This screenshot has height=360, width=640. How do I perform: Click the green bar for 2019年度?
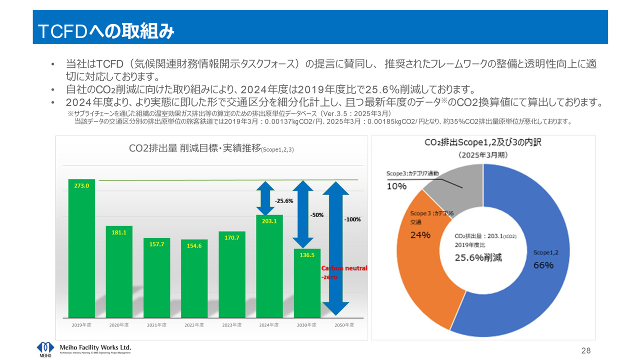tap(81, 250)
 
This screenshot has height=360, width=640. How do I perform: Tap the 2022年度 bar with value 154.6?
tap(194, 280)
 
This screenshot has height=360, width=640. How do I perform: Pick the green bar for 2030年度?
tap(306, 285)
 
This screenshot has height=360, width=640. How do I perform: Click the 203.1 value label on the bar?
tap(269, 220)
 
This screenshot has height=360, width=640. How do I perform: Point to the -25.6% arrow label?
tap(283, 200)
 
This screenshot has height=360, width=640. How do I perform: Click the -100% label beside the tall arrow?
tap(352, 219)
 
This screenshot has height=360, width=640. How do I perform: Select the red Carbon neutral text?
tap(343, 268)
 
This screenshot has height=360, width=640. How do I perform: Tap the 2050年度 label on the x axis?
tap(344, 325)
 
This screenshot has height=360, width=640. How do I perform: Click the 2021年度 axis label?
tap(156, 325)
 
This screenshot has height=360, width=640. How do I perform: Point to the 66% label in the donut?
tap(543, 265)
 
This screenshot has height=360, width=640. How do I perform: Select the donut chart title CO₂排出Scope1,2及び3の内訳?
tap(483, 142)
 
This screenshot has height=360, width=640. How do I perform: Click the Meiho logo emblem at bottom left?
tap(45, 348)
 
